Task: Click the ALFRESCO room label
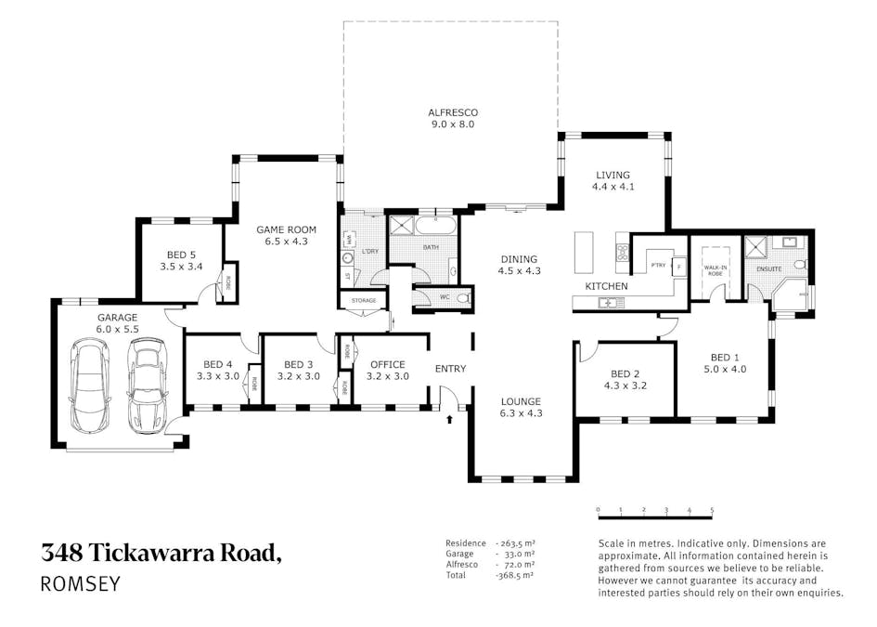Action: pos(454,112)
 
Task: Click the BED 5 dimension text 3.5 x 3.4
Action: pos(181,266)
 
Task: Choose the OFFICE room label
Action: pos(388,364)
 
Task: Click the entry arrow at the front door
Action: pos(450,420)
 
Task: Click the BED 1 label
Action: pos(725,357)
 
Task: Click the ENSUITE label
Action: pos(769,269)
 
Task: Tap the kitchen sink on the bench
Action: pos(610,302)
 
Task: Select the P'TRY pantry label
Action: pos(659,265)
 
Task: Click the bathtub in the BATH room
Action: pos(434,225)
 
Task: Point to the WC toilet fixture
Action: pos(462,297)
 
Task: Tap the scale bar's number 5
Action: pos(712,510)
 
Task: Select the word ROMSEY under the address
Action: pos(81,584)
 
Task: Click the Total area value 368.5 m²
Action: pos(514,576)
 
